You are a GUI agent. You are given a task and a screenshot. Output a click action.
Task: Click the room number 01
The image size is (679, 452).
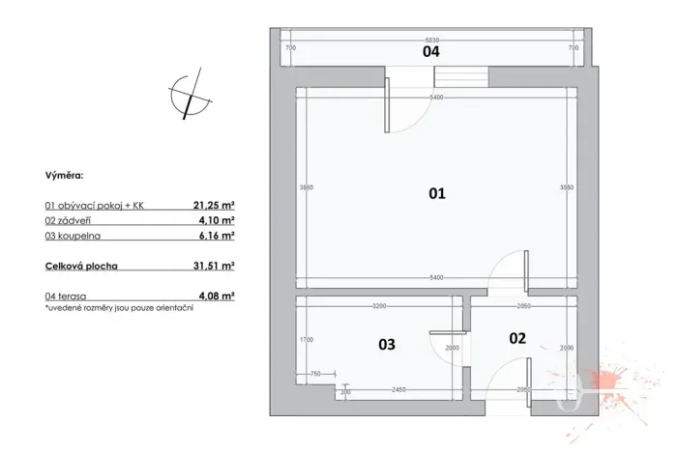coord(436,194)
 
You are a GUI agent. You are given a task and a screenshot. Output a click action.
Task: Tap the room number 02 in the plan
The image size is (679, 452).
coord(517,338)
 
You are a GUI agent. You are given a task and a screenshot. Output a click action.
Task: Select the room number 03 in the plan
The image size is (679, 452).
coord(386,344)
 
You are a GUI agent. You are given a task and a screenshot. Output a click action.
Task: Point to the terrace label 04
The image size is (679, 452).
coord(431,52)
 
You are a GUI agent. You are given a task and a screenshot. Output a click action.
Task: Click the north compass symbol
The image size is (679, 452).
coord(189,93)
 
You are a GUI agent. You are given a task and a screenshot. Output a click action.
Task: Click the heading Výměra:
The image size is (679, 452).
coord(64,177)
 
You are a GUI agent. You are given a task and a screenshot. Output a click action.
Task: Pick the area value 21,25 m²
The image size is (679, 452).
coord(215,206)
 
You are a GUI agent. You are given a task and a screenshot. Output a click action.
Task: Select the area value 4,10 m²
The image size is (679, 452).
coord(218,220)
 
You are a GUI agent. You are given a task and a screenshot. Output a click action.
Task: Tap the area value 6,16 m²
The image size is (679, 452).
coord(218,235)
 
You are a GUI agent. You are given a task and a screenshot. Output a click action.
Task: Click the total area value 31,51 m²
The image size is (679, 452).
coord(215,264)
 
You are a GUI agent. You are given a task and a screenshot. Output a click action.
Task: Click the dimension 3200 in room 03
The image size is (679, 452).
coord(379,306)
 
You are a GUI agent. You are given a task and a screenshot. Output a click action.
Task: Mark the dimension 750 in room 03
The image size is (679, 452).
coord(313,374)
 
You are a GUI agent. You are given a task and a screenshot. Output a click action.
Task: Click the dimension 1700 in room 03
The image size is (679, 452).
coord(306,340)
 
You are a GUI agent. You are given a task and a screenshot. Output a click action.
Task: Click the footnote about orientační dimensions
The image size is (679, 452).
coord(119,307)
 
